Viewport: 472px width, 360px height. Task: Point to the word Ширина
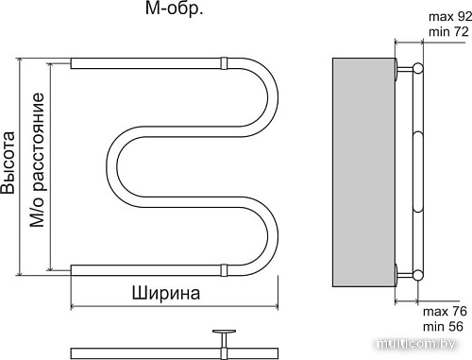coord(167,293)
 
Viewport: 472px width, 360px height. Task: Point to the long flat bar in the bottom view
coord(142,353)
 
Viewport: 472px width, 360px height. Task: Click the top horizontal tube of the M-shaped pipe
coord(151,65)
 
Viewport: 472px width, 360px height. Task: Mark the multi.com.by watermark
coord(434,348)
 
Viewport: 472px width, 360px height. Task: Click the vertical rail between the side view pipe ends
coord(419,170)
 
